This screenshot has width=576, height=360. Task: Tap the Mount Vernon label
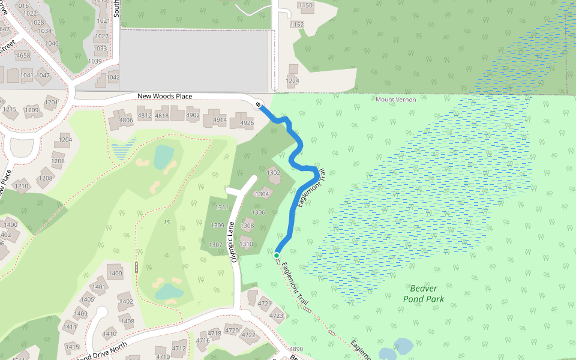(x=395, y=100)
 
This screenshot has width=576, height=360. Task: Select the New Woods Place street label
(x=164, y=96)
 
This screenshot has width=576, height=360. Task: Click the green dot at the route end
(x=277, y=256)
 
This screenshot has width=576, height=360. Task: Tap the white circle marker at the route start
(x=258, y=105)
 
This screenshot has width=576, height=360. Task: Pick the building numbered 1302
(x=274, y=173)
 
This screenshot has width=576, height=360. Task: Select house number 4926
(x=247, y=123)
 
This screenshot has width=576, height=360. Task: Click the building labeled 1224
(x=292, y=81)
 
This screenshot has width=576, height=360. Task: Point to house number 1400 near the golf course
(x=115, y=274)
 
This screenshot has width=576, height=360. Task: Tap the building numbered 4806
(x=125, y=120)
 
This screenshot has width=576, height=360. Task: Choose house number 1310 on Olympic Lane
(x=246, y=244)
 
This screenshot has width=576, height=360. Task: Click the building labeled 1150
(x=305, y=6)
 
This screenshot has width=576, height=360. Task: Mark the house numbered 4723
(x=276, y=315)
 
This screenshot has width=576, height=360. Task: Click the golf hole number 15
(x=166, y=223)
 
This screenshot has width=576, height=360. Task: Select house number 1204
(x=65, y=140)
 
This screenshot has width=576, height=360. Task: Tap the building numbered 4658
(x=23, y=56)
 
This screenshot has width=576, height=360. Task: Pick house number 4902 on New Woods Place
(x=193, y=115)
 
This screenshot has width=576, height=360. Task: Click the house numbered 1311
(x=221, y=207)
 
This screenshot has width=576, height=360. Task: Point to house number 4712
(x=179, y=348)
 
